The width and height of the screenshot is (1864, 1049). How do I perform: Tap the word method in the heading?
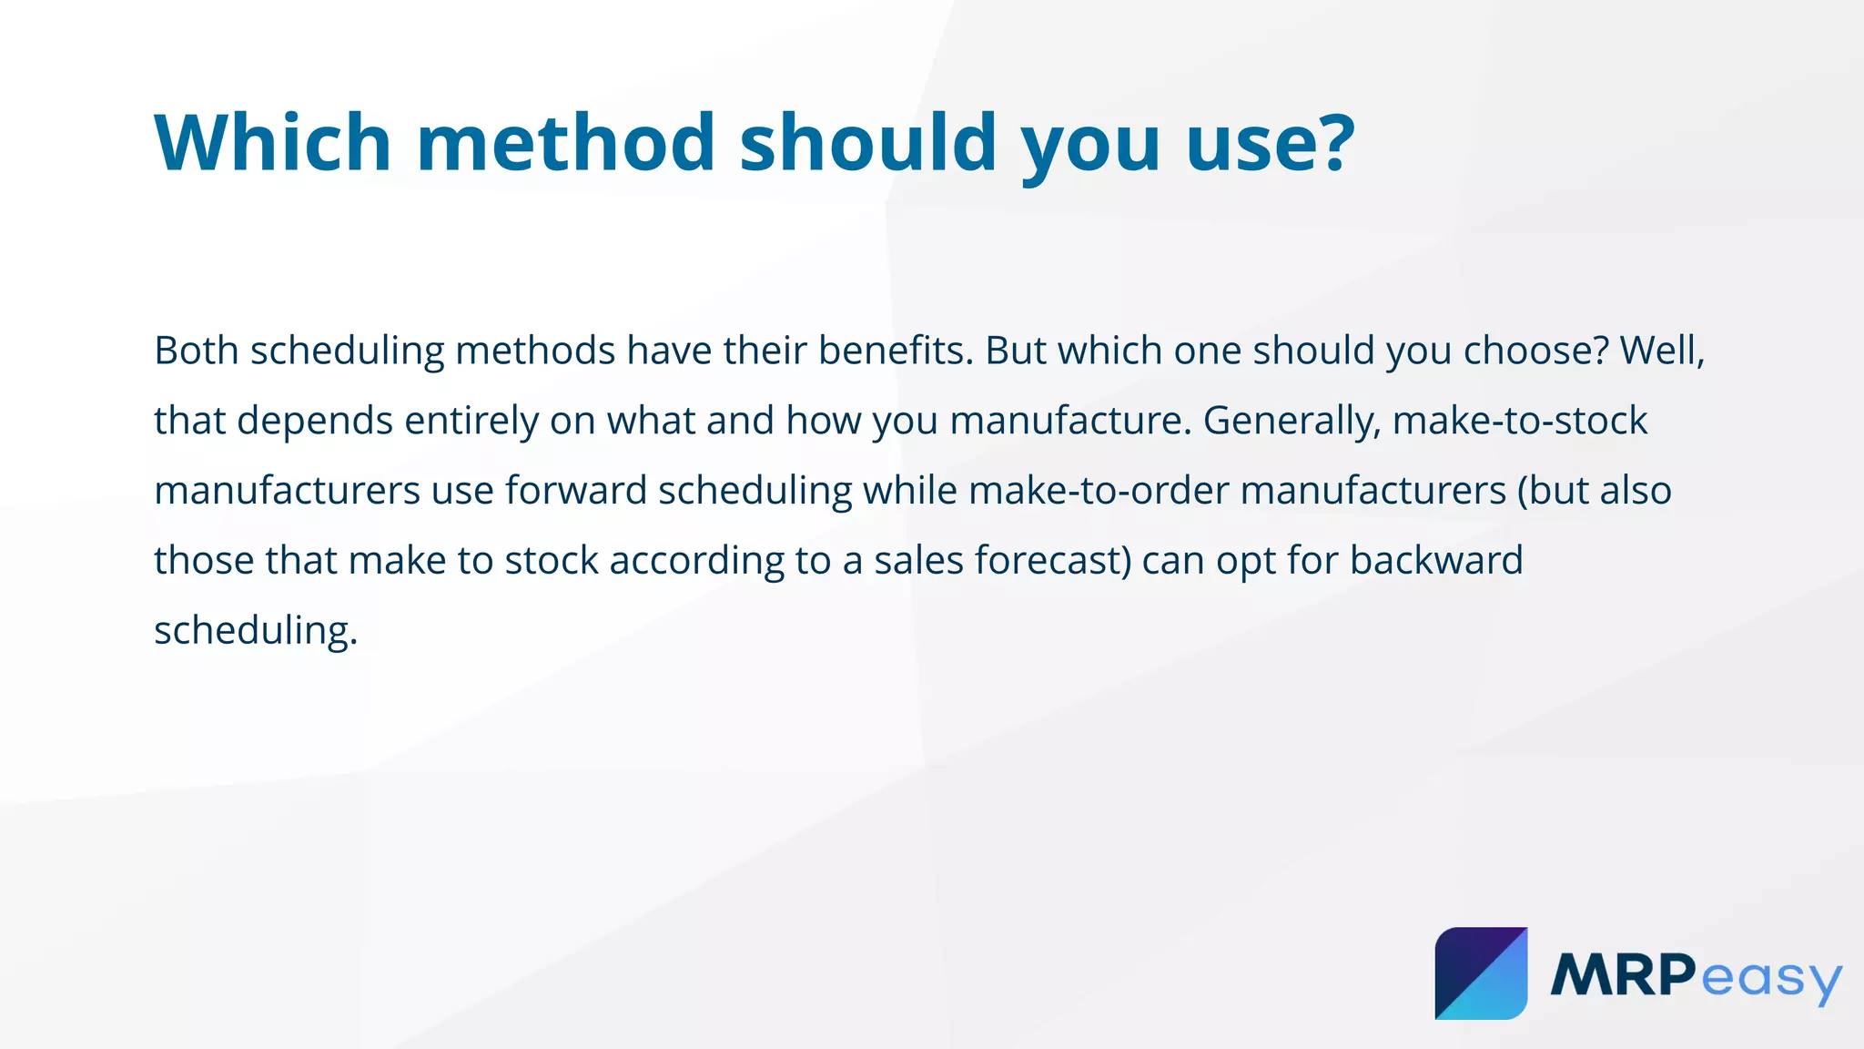tap(566, 143)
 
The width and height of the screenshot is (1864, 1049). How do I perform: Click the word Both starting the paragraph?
tap(197, 351)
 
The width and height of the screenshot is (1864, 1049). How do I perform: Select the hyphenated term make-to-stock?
tap(1520, 421)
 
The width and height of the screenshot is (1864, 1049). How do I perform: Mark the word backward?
tap(1436, 561)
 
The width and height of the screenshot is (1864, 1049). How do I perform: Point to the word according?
tap(696, 561)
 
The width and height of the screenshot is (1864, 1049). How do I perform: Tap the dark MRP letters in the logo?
tap(1623, 975)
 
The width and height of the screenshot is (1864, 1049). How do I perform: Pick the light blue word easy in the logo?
tap(1770, 980)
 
